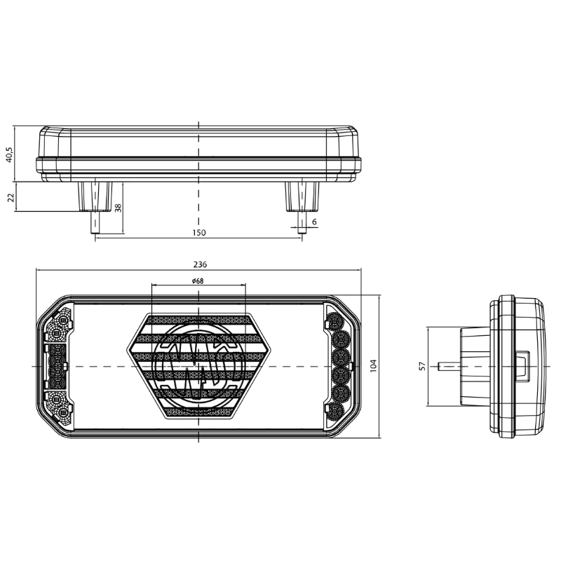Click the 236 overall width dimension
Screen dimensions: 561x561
[x=200, y=265]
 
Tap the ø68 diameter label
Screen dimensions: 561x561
[x=197, y=280]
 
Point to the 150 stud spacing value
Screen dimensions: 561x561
[x=198, y=232]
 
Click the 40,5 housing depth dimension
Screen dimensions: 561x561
[x=8, y=154]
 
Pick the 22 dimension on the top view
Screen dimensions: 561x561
[x=11, y=197]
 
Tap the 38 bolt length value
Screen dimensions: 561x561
[x=119, y=208]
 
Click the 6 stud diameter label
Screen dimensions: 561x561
[x=314, y=222]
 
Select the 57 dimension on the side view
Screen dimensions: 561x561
[x=421, y=367]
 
